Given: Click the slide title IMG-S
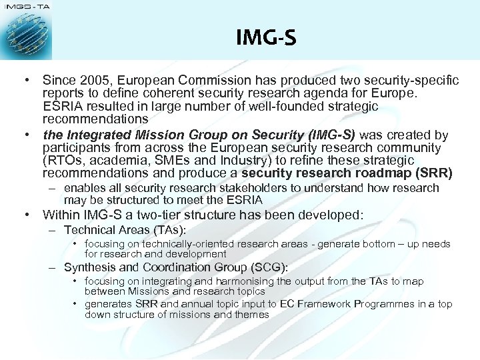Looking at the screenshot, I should click(266, 37).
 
